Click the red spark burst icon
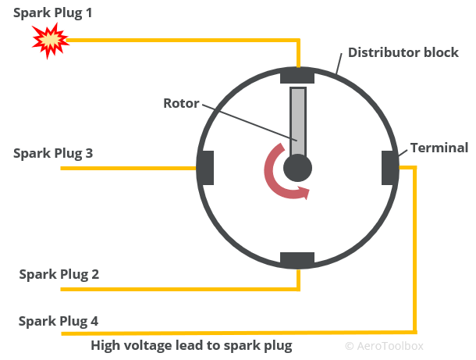pyautogui.click(x=48, y=40)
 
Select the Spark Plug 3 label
pyautogui.click(x=53, y=153)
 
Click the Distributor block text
pyautogui.click(x=403, y=53)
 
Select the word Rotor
pyautogui.click(x=181, y=103)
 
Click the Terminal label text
pyautogui.click(x=439, y=148)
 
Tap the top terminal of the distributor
pyautogui.click(x=297, y=76)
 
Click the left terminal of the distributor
pyautogui.click(x=204, y=167)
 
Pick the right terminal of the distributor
pyautogui.click(x=389, y=167)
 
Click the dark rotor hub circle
pyautogui.click(x=297, y=167)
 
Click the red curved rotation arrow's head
pyautogui.click(x=303, y=192)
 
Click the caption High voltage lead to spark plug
pyautogui.click(x=191, y=345)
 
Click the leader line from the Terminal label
pyautogui.click(x=406, y=156)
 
